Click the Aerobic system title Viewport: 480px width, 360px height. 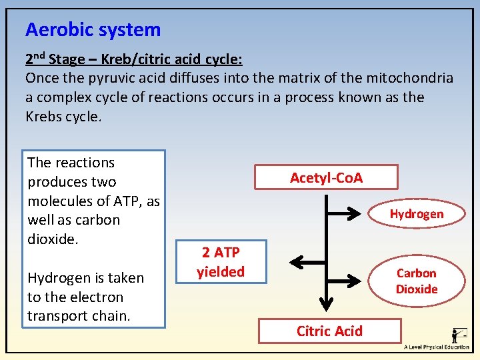(x=93, y=30)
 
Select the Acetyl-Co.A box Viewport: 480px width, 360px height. (x=326, y=177)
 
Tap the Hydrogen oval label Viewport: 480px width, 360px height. (x=416, y=214)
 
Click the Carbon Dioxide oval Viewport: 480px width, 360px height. (x=417, y=281)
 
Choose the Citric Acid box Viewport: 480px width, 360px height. (x=329, y=331)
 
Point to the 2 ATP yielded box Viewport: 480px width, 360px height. (x=221, y=262)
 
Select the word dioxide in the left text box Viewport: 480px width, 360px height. (x=53, y=239)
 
